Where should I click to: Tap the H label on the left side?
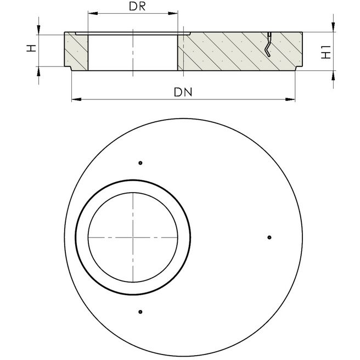click(32, 49)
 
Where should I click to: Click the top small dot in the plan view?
click(140, 162)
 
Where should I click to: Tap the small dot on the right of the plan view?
click(269, 237)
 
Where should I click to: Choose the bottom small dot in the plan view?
click(140, 312)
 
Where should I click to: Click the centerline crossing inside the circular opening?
click(133, 237)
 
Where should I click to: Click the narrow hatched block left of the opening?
click(76, 52)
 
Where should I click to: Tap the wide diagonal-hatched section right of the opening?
click(230, 52)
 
